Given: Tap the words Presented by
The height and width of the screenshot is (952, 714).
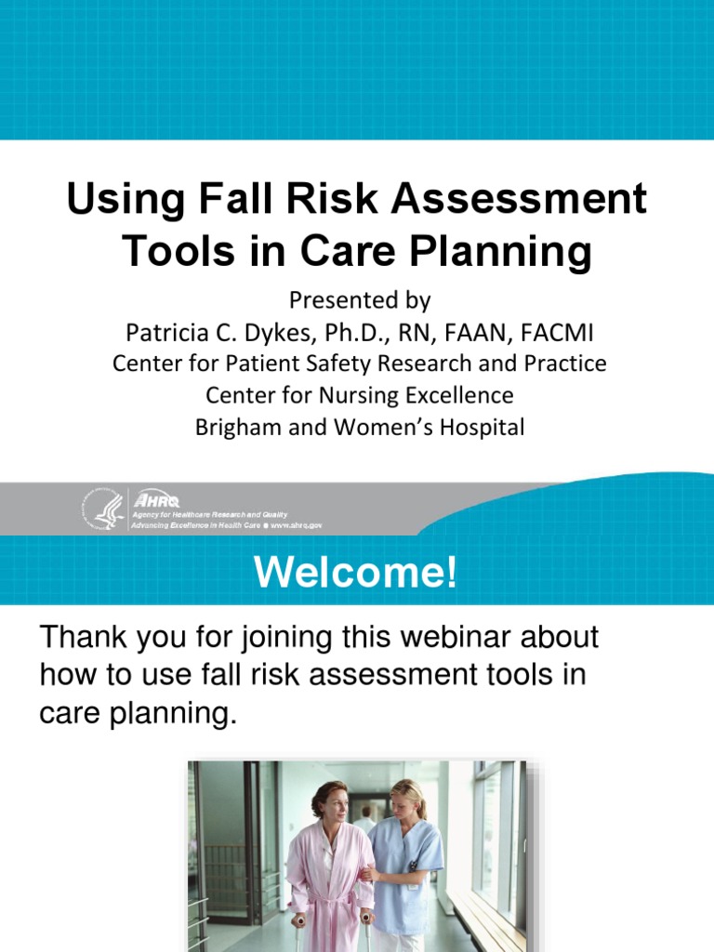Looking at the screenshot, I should coord(360,300).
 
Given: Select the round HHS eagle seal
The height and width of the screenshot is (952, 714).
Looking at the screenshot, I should coord(101,509).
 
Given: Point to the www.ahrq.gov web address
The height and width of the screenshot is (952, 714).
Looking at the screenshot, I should coord(297,525).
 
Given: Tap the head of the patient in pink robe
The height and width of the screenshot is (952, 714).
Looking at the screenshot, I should coord(332,800).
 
